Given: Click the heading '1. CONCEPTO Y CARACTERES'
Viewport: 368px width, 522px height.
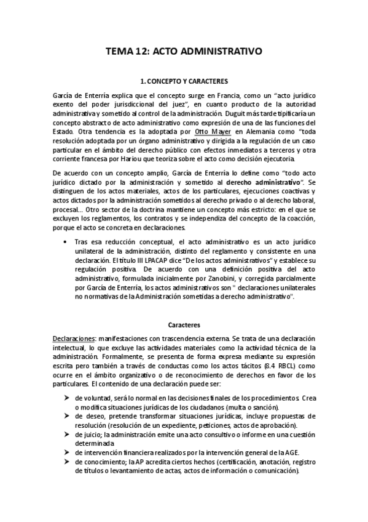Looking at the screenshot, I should coord(184,81).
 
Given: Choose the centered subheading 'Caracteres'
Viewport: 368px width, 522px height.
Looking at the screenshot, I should coord(184,324).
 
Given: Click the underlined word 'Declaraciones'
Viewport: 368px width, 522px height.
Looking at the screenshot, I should coord(73,340).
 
